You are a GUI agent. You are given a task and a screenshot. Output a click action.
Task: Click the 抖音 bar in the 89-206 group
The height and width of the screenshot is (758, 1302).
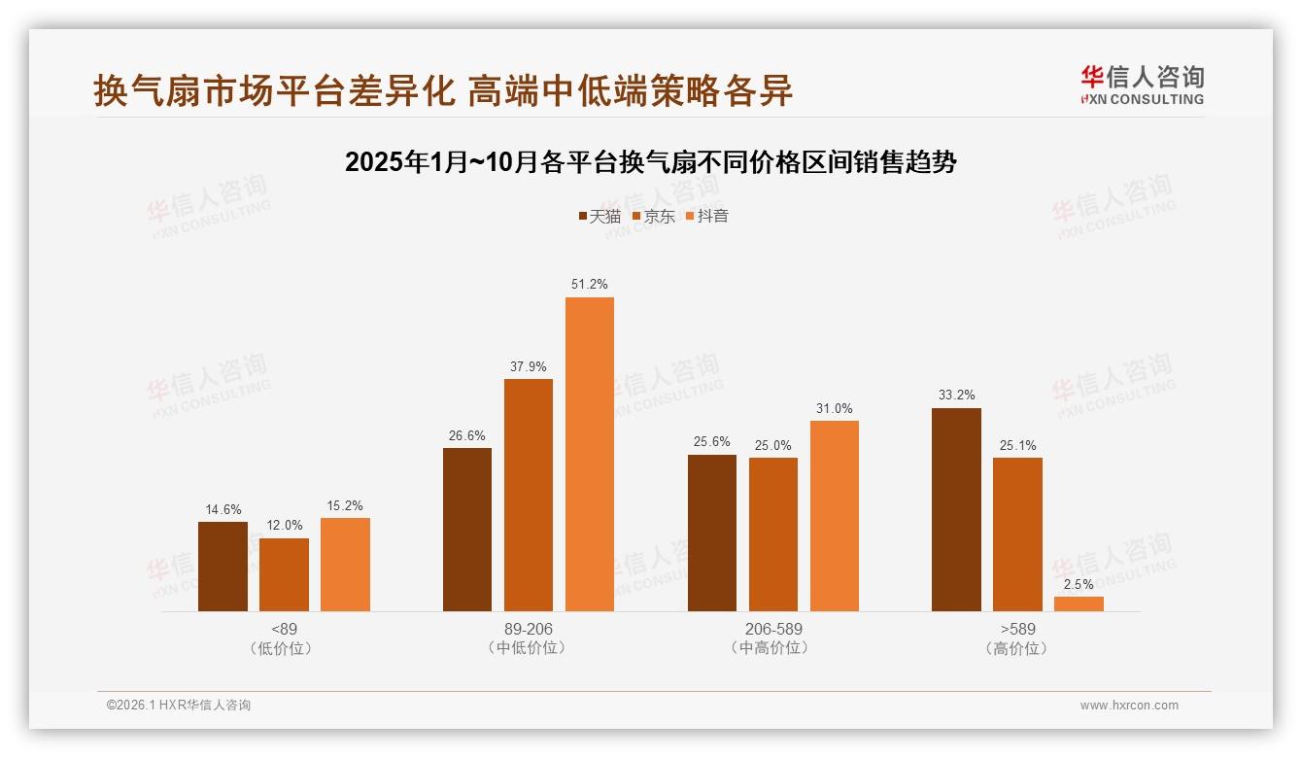click(590, 454)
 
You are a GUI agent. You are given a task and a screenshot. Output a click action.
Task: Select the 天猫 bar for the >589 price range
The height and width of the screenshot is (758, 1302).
click(956, 509)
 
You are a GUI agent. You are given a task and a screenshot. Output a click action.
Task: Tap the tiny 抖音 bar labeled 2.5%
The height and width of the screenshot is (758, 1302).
click(1079, 603)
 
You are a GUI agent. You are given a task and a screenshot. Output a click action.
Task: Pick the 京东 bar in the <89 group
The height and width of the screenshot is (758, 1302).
click(284, 574)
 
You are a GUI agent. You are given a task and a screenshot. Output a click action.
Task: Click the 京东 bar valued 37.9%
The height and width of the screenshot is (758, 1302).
click(529, 495)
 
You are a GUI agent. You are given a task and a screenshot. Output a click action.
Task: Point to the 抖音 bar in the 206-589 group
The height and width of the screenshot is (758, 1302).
click(834, 515)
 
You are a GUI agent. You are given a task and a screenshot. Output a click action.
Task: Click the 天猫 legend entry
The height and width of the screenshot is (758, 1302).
click(600, 216)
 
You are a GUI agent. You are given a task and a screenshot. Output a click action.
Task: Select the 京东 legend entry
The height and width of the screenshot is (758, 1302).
click(654, 216)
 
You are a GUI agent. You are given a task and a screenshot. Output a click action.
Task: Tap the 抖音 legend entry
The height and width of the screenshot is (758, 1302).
click(707, 216)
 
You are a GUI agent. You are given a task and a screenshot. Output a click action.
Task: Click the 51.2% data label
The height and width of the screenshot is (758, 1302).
click(590, 284)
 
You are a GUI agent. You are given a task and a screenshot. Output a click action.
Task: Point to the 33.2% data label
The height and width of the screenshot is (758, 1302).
click(956, 395)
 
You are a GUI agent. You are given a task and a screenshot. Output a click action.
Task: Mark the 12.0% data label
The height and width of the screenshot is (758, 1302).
click(284, 525)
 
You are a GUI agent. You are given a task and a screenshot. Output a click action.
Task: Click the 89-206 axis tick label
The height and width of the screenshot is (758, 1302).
click(529, 629)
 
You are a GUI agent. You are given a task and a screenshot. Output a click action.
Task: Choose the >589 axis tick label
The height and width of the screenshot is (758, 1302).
click(1017, 629)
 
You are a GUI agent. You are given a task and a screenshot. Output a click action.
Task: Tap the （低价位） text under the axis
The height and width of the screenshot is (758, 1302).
click(284, 648)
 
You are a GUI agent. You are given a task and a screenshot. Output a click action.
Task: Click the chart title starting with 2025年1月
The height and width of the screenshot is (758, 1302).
click(651, 162)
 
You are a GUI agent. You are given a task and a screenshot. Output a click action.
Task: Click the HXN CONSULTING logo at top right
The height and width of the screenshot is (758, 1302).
click(1142, 86)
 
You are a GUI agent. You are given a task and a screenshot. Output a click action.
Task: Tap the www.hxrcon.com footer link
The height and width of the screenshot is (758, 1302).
click(1129, 706)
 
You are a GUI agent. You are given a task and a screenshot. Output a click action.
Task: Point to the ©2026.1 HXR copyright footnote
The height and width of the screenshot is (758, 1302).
click(179, 706)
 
